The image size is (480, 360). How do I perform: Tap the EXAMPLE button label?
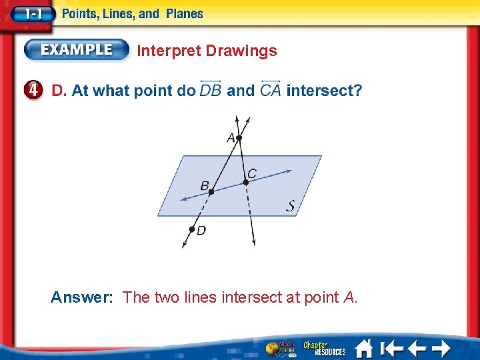77,49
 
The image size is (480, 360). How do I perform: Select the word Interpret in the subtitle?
169,51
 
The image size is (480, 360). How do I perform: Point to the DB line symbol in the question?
211,89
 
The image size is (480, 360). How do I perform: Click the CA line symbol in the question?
270,89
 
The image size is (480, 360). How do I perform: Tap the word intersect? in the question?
324,90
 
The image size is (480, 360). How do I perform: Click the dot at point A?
239,138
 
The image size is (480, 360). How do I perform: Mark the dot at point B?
211,192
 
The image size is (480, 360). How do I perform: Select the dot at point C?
245,181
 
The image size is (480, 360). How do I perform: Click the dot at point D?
191,229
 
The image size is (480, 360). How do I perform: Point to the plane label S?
291,206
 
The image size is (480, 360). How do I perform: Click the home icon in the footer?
363,348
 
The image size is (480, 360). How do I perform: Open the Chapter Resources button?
325,348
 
